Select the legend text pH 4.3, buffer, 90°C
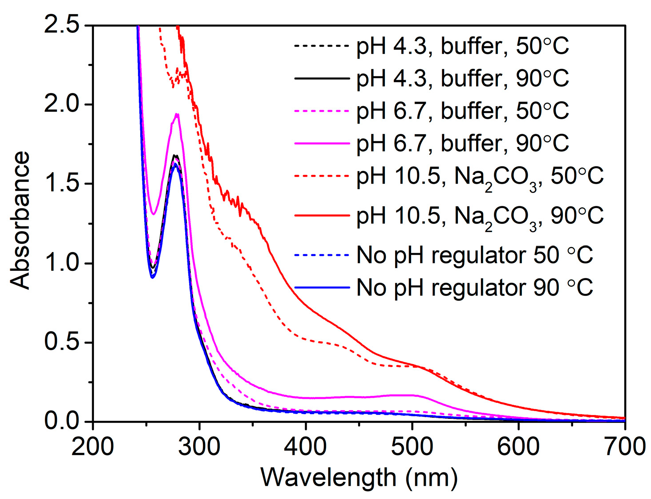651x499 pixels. click(462, 78)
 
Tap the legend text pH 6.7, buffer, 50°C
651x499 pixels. click(462, 111)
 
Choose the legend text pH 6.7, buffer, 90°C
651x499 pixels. click(462, 143)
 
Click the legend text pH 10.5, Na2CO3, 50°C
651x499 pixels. click(480, 177)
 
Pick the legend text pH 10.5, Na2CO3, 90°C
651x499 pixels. click(480, 216)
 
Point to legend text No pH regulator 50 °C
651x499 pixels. click(474, 255)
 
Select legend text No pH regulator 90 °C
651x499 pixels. click(474, 288)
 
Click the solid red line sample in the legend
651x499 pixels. click(322, 216)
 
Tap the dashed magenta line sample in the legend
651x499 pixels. click(322, 111)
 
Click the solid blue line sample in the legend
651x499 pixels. click(322, 288)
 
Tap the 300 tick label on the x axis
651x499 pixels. click(199, 446)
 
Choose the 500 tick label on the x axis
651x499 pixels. click(412, 446)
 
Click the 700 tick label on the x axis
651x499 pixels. click(624, 446)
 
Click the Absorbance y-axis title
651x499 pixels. click(20, 221)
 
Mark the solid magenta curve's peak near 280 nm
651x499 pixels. click(177, 114)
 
